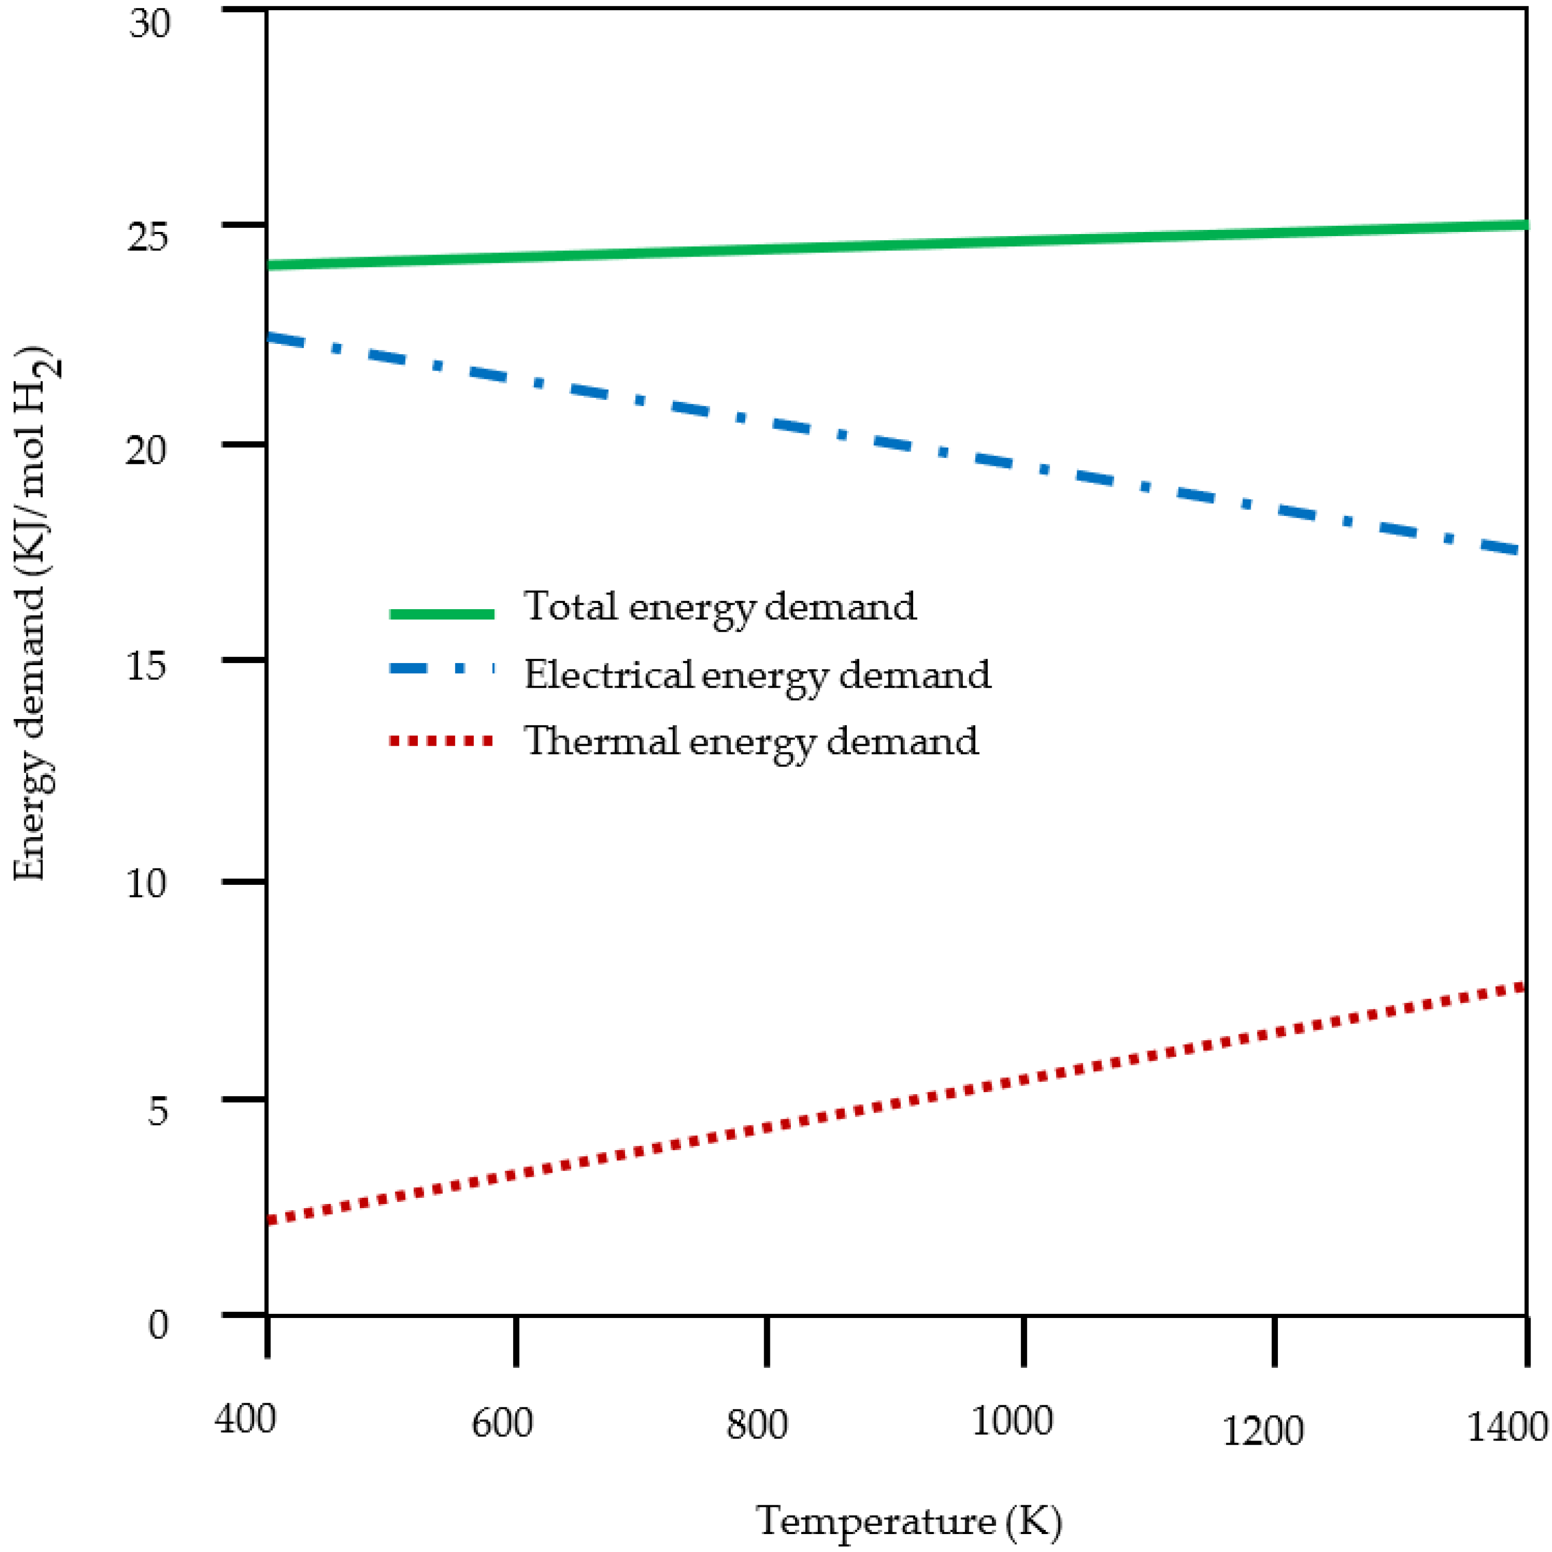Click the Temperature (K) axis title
coord(908,1521)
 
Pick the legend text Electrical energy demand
coord(756,675)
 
